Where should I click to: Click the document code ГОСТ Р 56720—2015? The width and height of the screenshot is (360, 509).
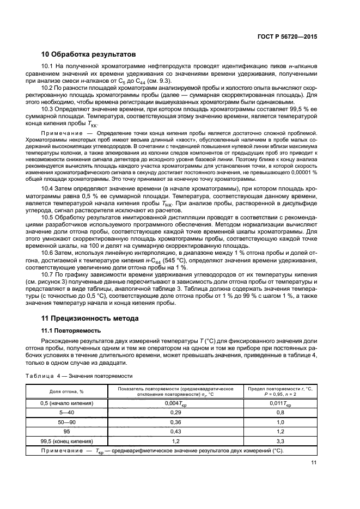coord(287,36)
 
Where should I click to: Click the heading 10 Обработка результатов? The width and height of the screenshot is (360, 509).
coord(89,54)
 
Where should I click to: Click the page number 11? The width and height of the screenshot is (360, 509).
coord(313,463)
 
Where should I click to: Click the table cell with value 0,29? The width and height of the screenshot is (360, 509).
coord(176,413)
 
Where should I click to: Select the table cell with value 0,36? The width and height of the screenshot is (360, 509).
coord(176,422)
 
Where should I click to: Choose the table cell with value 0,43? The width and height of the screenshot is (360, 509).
coord(176,432)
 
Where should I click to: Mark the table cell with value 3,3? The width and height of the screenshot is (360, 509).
coord(280,441)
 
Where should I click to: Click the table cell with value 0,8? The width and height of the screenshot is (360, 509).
coord(280,413)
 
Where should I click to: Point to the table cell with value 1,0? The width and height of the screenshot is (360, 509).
coord(280,422)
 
